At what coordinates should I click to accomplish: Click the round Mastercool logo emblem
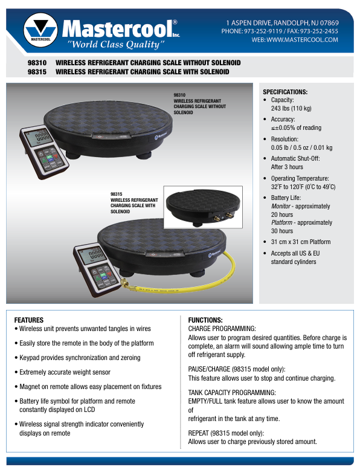40,30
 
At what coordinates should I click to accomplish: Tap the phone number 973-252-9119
263,31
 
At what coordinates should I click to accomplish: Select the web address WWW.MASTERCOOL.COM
302,40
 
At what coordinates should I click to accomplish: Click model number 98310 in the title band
37,63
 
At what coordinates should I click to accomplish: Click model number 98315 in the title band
37,72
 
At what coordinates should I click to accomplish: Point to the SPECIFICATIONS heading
285,92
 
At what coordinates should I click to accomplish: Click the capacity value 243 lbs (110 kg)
291,108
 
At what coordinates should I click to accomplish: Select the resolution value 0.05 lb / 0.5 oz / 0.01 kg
301,147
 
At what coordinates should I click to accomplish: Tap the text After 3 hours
287,167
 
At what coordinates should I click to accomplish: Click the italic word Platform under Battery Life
281,222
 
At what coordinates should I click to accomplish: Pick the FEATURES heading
29,320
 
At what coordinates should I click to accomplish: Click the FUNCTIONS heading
205,320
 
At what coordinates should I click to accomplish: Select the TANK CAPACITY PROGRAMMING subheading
232,393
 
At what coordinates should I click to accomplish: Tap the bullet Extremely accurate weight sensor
62,372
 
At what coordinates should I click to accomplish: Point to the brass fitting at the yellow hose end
125,283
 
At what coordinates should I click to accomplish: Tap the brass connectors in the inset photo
222,217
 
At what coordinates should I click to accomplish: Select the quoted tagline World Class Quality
116,45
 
